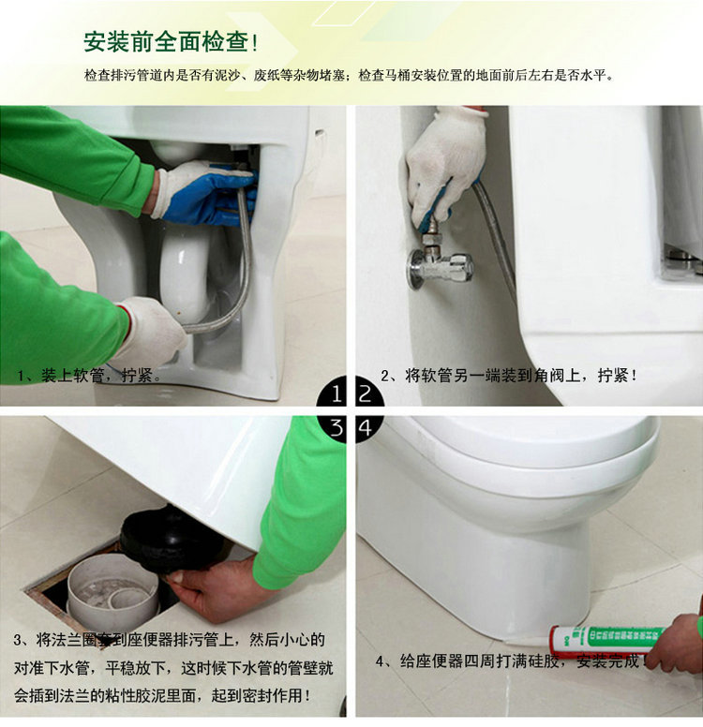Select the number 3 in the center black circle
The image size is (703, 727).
coord(336,428)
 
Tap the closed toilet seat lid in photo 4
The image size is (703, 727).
coord(525,450)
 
